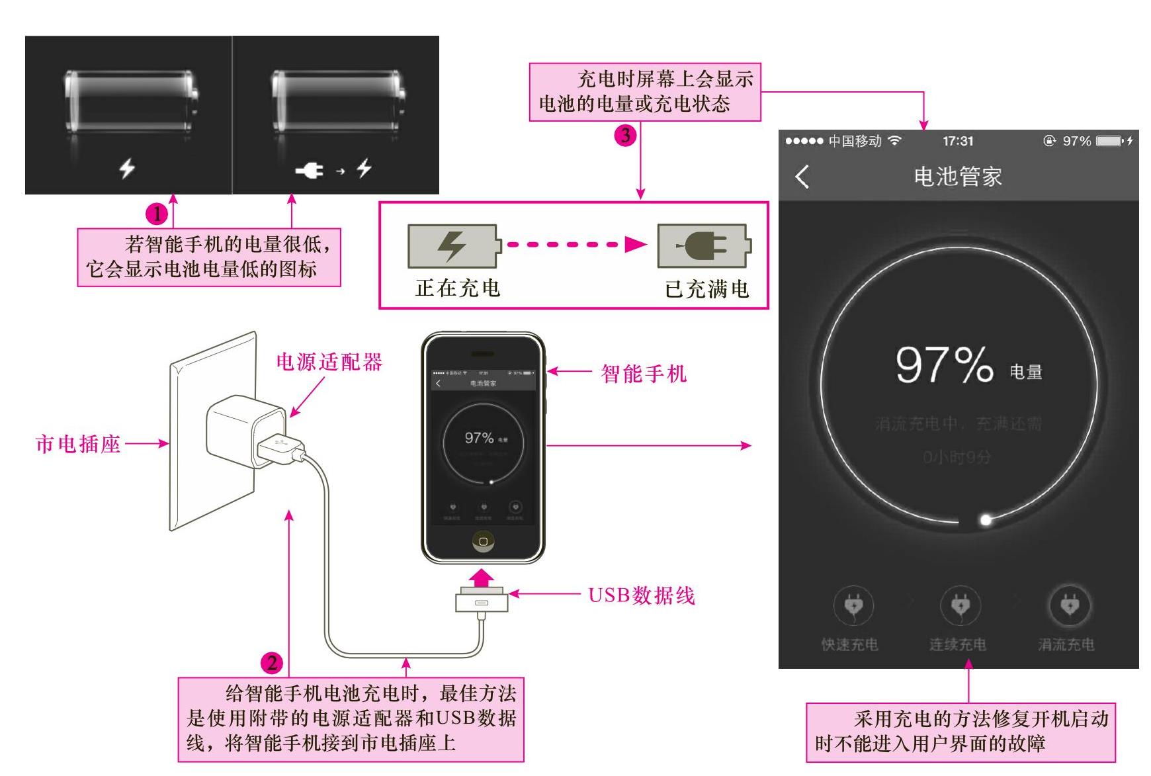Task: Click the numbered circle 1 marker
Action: (157, 214)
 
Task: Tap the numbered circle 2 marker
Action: (272, 663)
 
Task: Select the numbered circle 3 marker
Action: (625, 136)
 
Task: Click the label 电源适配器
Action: (329, 362)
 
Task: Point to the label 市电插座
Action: (78, 444)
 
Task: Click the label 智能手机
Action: (643, 374)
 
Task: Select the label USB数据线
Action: (642, 595)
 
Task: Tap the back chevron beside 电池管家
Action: (802, 177)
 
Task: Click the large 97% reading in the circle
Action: (944, 365)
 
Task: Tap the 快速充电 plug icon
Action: (853, 605)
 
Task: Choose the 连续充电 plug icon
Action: (960, 605)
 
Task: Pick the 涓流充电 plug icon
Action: (1069, 605)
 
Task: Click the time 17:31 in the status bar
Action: (958, 141)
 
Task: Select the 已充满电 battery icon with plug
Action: (704, 245)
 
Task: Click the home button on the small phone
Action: (483, 542)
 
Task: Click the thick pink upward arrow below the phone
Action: (482, 578)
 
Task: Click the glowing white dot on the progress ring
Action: (986, 520)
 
